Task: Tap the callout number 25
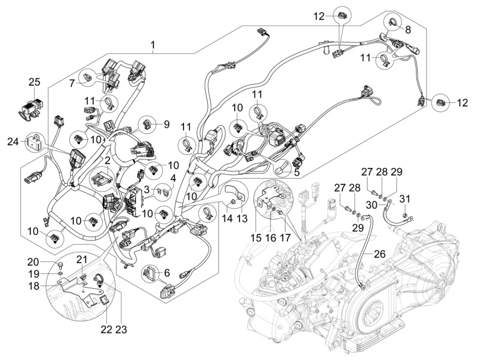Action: tap(34, 81)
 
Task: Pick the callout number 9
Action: tap(167, 124)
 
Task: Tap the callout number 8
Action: tap(408, 29)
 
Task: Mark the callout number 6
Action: tap(167, 272)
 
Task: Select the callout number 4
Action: tap(173, 178)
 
